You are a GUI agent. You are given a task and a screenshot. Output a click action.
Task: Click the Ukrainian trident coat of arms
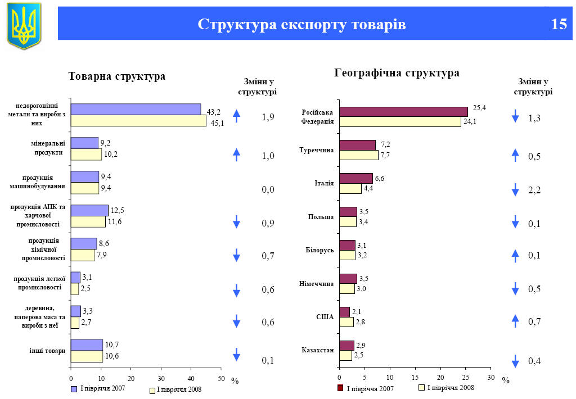point(24,25)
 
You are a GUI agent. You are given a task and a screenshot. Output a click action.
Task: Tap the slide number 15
point(559,25)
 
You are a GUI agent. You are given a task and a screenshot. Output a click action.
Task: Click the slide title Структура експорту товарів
point(301,25)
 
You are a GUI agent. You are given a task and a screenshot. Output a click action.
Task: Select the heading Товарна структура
point(117,76)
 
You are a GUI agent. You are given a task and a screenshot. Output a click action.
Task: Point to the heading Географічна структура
point(397,73)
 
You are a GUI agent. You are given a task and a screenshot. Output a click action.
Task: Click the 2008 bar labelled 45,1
point(138,121)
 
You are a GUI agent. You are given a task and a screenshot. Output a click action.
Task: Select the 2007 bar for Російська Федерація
point(403,111)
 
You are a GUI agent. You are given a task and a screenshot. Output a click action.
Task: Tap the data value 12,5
point(117,210)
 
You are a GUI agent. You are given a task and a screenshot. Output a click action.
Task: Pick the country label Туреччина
point(317,150)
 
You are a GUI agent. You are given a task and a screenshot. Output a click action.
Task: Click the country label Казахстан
point(318,351)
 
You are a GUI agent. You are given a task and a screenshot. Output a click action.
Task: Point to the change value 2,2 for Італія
point(534,191)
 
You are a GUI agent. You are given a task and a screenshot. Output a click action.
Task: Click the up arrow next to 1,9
point(237,116)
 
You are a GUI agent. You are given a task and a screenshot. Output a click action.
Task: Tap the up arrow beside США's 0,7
point(515,321)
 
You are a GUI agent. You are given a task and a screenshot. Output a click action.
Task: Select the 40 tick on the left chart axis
point(191,378)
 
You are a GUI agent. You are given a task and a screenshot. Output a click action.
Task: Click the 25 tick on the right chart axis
point(465,378)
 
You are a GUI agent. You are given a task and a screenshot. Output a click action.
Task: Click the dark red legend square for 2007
point(340,388)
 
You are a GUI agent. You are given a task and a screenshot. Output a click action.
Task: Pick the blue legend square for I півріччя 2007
point(74,388)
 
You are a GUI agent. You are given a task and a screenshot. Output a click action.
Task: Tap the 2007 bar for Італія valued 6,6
point(355,178)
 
